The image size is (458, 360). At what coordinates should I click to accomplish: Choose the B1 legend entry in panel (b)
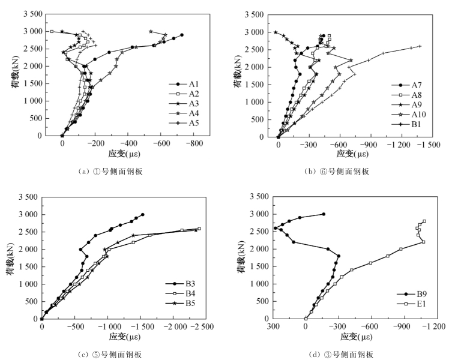(x=413, y=123)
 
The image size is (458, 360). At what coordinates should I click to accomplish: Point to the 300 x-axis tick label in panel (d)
(x=273, y=327)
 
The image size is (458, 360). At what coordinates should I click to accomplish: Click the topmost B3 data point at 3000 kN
(x=142, y=214)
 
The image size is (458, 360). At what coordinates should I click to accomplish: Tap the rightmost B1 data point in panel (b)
(x=420, y=46)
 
